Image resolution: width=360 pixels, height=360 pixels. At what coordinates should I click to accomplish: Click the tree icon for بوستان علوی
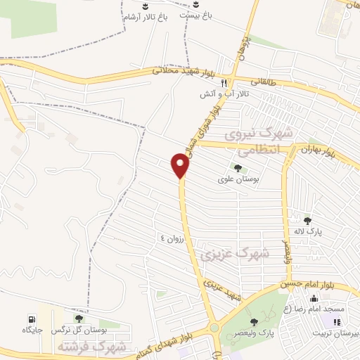[237, 168]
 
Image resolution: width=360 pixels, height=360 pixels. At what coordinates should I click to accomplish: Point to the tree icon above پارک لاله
[306, 220]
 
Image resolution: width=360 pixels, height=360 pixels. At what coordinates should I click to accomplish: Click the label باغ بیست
[197, 14]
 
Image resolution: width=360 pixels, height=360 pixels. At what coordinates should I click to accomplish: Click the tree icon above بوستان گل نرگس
[78, 318]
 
